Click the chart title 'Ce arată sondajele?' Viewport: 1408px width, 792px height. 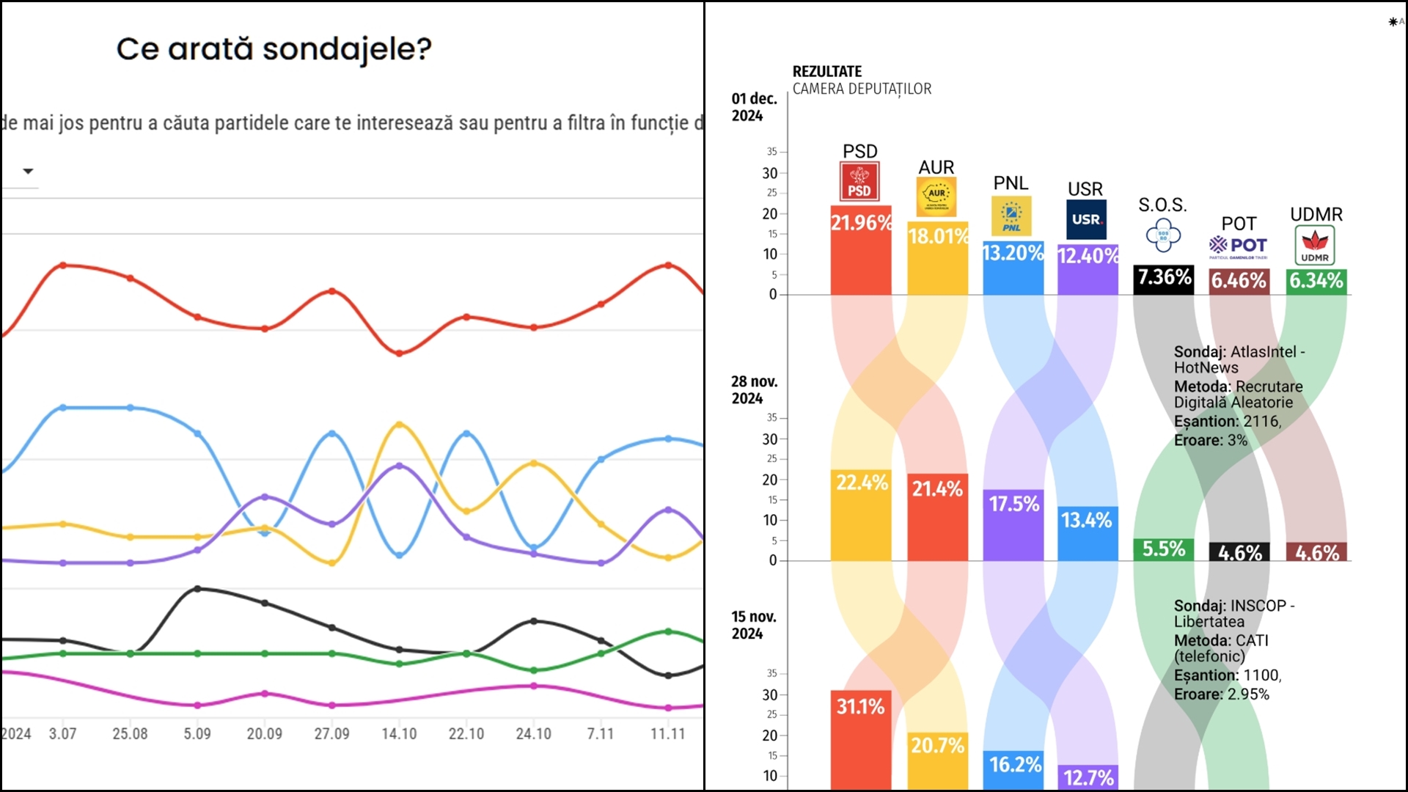coord(274,49)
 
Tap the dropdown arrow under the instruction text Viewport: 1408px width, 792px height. coord(28,171)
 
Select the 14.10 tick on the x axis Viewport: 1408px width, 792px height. coord(399,733)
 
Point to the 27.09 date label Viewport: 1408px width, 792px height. coord(331,733)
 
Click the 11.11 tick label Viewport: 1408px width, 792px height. coord(667,733)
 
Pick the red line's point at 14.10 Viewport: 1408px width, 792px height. coord(399,353)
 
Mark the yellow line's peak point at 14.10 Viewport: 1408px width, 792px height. coord(399,425)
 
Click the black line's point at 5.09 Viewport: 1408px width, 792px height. coord(197,589)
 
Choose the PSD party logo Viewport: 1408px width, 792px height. coord(859,182)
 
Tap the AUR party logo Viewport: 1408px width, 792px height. coord(936,197)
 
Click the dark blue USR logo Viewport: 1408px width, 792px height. coord(1085,220)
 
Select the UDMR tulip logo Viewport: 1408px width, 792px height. coord(1315,245)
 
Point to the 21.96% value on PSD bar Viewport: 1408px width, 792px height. coord(861,223)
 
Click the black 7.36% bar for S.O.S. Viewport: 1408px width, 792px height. coord(1164,278)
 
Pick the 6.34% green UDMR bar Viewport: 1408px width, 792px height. coord(1316,281)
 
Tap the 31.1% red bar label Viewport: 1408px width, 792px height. coord(861,707)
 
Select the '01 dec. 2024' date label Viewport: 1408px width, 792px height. coord(754,107)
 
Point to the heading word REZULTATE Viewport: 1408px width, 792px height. coord(826,72)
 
